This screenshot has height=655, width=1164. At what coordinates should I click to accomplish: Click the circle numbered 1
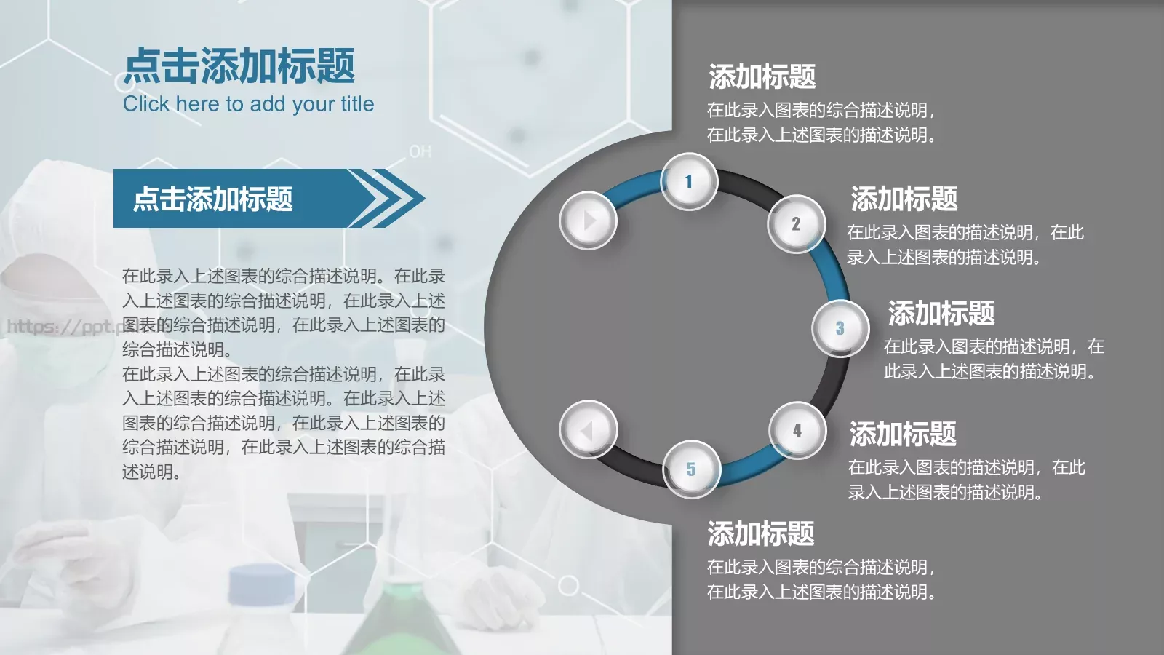click(688, 181)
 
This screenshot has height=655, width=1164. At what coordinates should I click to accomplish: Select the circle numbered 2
click(796, 223)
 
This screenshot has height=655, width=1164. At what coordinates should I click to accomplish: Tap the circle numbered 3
click(840, 328)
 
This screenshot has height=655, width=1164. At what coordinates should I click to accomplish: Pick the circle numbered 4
click(797, 430)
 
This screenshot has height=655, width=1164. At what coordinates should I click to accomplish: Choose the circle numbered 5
click(691, 469)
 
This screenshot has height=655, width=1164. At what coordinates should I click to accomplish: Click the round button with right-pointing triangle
click(588, 220)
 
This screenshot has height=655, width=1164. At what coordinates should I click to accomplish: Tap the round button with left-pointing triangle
click(588, 430)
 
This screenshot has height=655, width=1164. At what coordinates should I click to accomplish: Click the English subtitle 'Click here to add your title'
click(248, 104)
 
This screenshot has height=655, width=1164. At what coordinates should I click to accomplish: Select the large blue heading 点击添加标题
click(239, 66)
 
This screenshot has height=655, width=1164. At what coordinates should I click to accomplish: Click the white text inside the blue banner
click(212, 199)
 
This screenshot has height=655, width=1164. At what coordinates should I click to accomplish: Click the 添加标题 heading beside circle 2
click(904, 199)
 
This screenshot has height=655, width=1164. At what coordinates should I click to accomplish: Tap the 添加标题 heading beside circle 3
click(941, 314)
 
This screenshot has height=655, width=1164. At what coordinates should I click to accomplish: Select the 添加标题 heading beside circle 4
click(903, 434)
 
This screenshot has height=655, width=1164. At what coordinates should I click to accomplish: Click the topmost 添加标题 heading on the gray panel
click(762, 76)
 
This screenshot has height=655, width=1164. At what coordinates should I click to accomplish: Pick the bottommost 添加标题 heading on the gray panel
click(760, 534)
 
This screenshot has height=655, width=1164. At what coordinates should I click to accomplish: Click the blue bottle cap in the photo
click(261, 583)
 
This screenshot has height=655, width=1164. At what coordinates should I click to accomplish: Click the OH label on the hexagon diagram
click(420, 151)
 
